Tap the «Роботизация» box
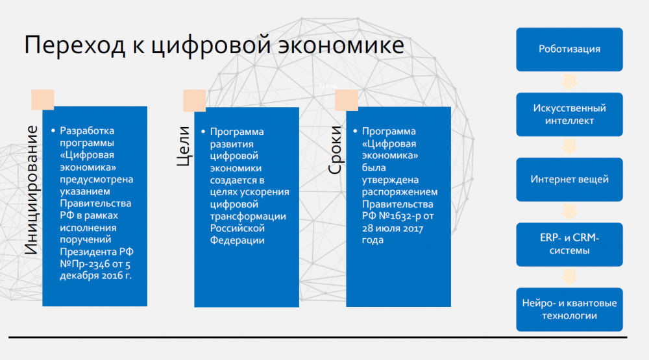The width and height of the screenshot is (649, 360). coord(569,49)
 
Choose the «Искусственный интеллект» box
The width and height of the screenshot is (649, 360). coord(569,114)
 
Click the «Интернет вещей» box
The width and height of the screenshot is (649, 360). coord(569,179)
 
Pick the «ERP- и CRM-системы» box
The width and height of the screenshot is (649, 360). coord(569,244)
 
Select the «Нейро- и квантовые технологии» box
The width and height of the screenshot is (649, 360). coord(569,309)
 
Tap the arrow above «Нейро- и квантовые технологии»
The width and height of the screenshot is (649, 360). coord(569,277)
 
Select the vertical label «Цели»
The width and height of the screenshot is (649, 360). coord(183,147)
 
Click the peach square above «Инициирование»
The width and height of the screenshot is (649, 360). coord(43,99)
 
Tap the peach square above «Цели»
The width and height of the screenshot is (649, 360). coord(194,101)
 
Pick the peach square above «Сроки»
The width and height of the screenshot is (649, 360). coord(347,101)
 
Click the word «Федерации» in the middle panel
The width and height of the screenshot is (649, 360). coord(238,241)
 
